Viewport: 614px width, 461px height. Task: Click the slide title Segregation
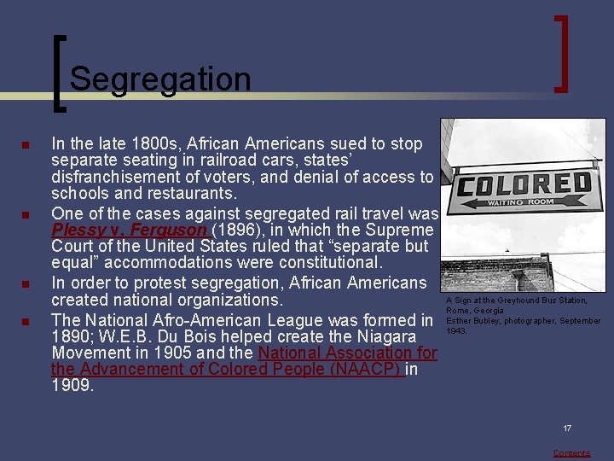pyautogui.click(x=160, y=79)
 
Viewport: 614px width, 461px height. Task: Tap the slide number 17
pyautogui.click(x=566, y=428)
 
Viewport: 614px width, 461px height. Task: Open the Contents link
pyautogui.click(x=571, y=453)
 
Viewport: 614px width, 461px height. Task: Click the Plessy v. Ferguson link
pyautogui.click(x=129, y=230)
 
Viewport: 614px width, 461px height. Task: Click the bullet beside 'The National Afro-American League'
pyautogui.click(x=26, y=321)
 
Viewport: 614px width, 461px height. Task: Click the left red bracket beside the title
pyautogui.click(x=58, y=73)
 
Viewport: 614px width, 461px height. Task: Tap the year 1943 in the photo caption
pyautogui.click(x=456, y=331)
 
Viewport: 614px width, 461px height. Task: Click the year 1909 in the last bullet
pyautogui.click(x=72, y=387)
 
